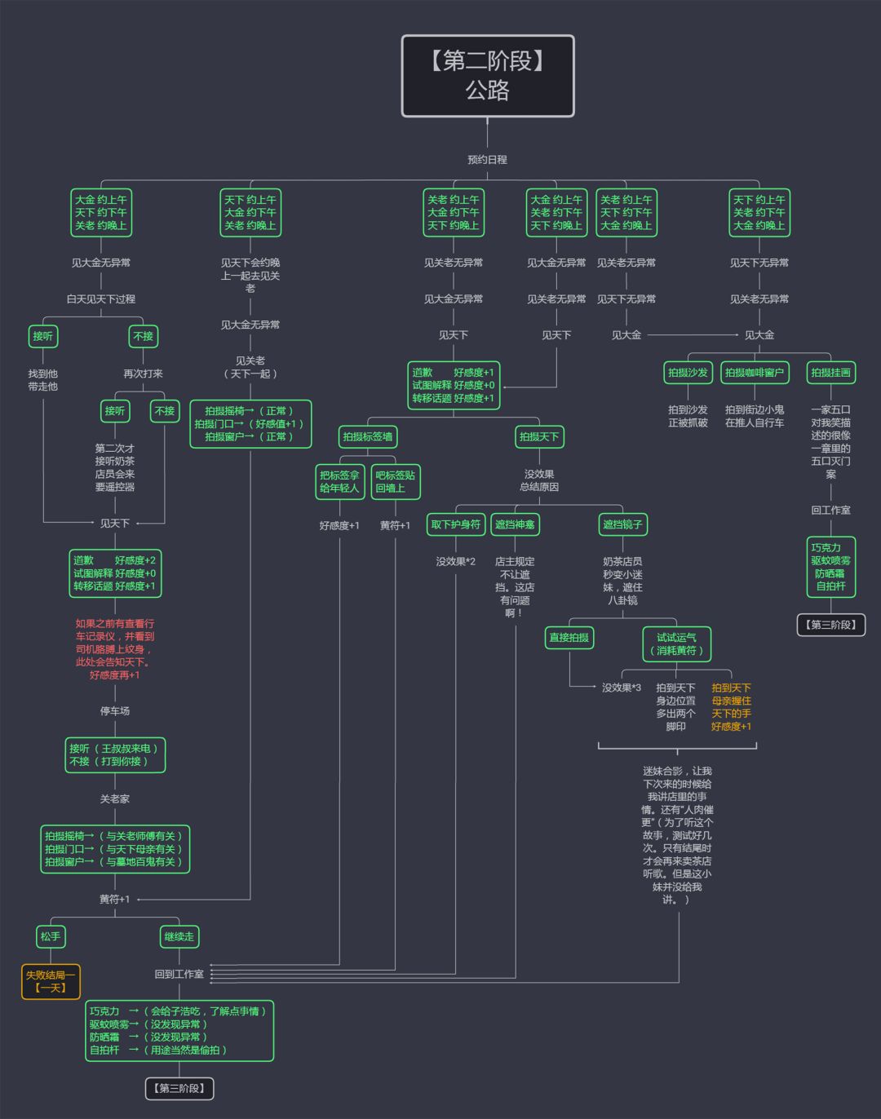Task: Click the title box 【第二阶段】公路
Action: (x=488, y=76)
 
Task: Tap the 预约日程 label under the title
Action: (x=487, y=160)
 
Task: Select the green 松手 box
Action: (x=51, y=936)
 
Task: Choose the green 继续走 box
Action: (x=179, y=936)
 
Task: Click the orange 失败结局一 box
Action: (x=51, y=981)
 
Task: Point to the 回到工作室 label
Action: (x=179, y=974)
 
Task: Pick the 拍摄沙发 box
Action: (x=688, y=373)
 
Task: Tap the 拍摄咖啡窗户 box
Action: (x=755, y=373)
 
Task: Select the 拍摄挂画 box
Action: (x=830, y=373)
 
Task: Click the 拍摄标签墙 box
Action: (x=368, y=436)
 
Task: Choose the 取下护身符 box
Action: (x=455, y=524)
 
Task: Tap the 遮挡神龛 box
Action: (x=515, y=524)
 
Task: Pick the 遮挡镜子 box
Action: (x=622, y=524)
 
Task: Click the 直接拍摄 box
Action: (x=569, y=637)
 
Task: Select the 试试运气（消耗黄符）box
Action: (x=676, y=644)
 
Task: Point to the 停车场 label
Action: (x=115, y=711)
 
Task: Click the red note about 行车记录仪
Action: (x=115, y=649)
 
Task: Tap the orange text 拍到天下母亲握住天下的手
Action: (x=731, y=707)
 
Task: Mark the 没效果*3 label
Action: (x=622, y=688)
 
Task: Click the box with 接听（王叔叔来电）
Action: (x=115, y=754)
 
